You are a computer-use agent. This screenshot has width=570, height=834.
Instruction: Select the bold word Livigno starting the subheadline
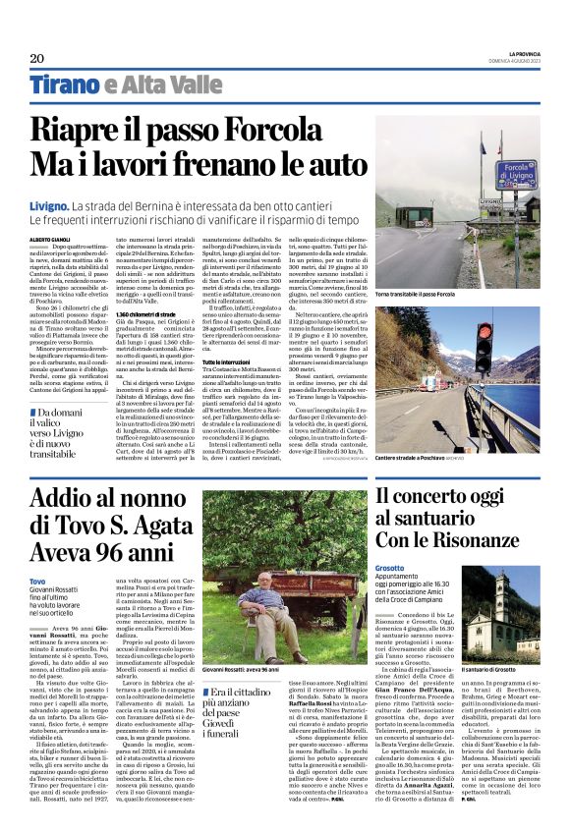(48, 208)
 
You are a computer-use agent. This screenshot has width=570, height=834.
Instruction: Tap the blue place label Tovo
(37, 583)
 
